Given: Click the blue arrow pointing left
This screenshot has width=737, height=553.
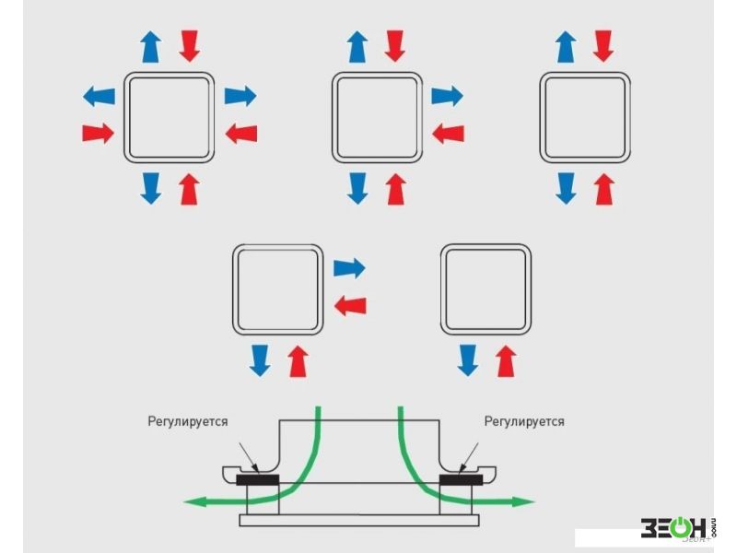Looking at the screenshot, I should tap(99, 94).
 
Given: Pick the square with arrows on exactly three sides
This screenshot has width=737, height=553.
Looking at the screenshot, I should tap(378, 116).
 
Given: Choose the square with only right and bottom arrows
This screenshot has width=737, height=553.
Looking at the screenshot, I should tap(278, 289).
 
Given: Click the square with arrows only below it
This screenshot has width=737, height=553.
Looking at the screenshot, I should tap(485, 289).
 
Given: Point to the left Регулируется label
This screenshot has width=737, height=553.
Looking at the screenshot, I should tap(188, 421).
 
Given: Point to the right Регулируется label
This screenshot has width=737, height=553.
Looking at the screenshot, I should tap(524, 421).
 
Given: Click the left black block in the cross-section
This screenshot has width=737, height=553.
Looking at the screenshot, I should tap(259, 480).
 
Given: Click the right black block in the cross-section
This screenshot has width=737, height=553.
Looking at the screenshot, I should tap(461, 480).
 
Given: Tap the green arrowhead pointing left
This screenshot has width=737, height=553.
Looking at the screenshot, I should tap(192, 502).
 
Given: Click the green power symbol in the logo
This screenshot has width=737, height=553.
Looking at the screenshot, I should tap(679, 528).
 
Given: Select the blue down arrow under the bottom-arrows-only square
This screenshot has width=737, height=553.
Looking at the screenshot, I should tap(468, 359).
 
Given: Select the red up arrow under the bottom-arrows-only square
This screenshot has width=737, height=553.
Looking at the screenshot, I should tap(504, 359).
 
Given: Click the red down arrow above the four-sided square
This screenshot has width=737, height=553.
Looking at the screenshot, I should tap(189, 44).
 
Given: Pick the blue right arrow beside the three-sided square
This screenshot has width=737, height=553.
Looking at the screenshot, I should tap(447, 94).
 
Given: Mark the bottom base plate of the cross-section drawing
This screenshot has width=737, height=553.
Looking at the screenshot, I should tap(359, 521).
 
